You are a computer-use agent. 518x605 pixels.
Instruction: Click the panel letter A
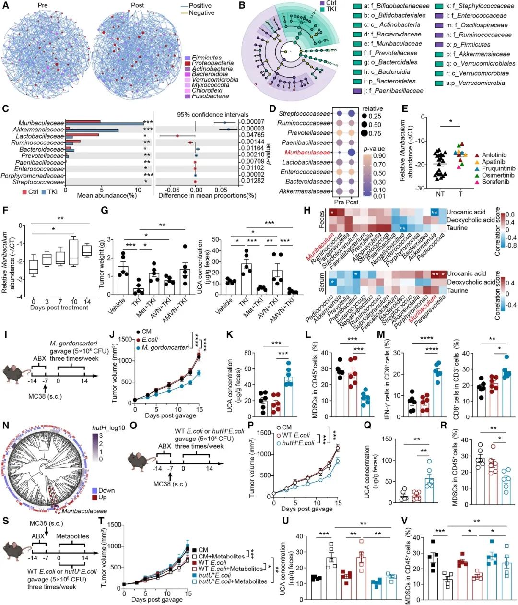5,5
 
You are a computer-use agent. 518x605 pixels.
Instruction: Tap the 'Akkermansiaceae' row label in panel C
38,130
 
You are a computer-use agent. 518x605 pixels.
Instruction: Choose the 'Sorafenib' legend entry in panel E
494,182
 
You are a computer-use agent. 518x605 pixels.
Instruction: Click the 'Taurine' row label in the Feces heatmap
457,228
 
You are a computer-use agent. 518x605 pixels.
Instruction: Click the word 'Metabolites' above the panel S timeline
73,536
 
